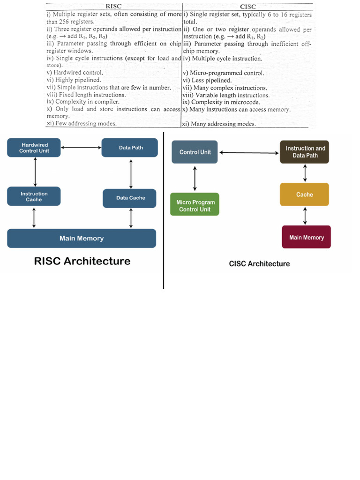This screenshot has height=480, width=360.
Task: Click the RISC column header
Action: (114, 7)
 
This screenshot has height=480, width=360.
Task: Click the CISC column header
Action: (247, 7)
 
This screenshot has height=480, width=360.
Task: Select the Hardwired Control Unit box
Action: (34, 148)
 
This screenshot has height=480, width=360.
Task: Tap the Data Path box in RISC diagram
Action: (131, 148)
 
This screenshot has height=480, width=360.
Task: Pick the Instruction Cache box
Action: (34, 196)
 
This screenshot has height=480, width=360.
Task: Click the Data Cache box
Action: (131, 198)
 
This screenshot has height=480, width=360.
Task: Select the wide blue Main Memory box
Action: (82, 238)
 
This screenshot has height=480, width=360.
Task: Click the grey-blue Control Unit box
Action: (195, 152)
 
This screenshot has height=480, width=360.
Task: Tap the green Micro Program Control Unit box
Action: (195, 206)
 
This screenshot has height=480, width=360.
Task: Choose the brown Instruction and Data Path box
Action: (305, 152)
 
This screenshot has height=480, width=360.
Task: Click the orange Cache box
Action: (305, 195)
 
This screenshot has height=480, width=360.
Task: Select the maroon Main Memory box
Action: (307, 237)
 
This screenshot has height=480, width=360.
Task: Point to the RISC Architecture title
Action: (82, 261)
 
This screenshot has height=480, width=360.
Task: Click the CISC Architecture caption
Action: (259, 263)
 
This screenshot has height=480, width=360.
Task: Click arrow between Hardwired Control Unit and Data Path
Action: (82, 148)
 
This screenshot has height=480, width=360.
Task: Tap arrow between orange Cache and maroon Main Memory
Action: (305, 216)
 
